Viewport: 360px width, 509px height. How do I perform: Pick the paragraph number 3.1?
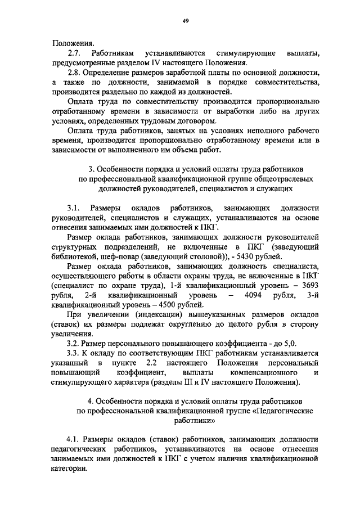click(73, 208)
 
